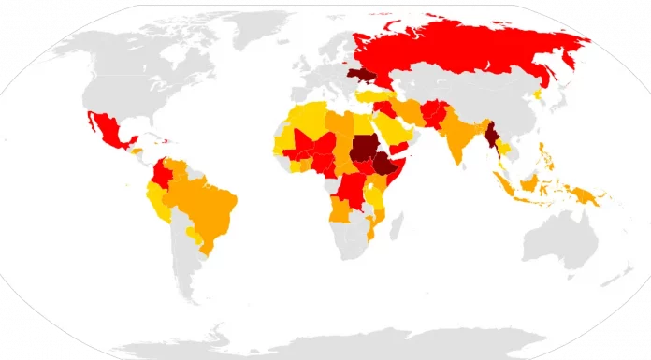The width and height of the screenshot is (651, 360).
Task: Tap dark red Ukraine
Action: point(361,75)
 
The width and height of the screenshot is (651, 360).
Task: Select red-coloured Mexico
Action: point(110,131)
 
